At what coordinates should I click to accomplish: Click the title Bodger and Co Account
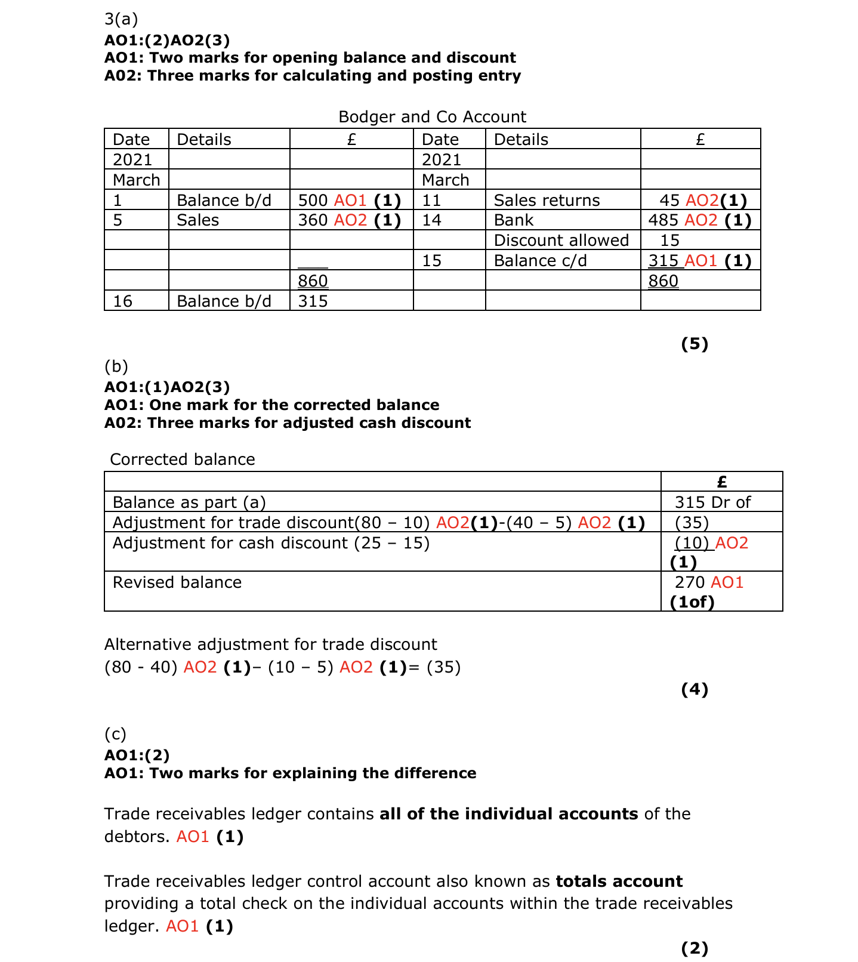pos(432,117)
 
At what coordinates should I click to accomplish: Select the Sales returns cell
pos(547,201)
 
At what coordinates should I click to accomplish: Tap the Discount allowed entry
pos(561,240)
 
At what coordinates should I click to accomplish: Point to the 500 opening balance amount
pos(313,201)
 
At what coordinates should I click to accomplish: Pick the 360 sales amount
pos(313,220)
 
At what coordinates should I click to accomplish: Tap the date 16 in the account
pos(122,301)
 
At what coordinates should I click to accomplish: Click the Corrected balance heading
pos(183,460)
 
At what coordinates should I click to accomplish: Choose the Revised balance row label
pos(177,582)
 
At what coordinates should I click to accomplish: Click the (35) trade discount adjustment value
pos(692,523)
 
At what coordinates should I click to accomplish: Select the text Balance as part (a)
pos(189,502)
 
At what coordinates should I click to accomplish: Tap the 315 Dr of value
pos(712,502)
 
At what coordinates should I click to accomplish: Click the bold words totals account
pos(619,881)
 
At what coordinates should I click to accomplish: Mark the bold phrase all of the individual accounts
pos(508,814)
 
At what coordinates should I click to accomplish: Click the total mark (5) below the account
pos(695,344)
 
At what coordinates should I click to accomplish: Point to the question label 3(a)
pos(121,19)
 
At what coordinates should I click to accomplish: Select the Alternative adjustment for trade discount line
pos(270,645)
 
